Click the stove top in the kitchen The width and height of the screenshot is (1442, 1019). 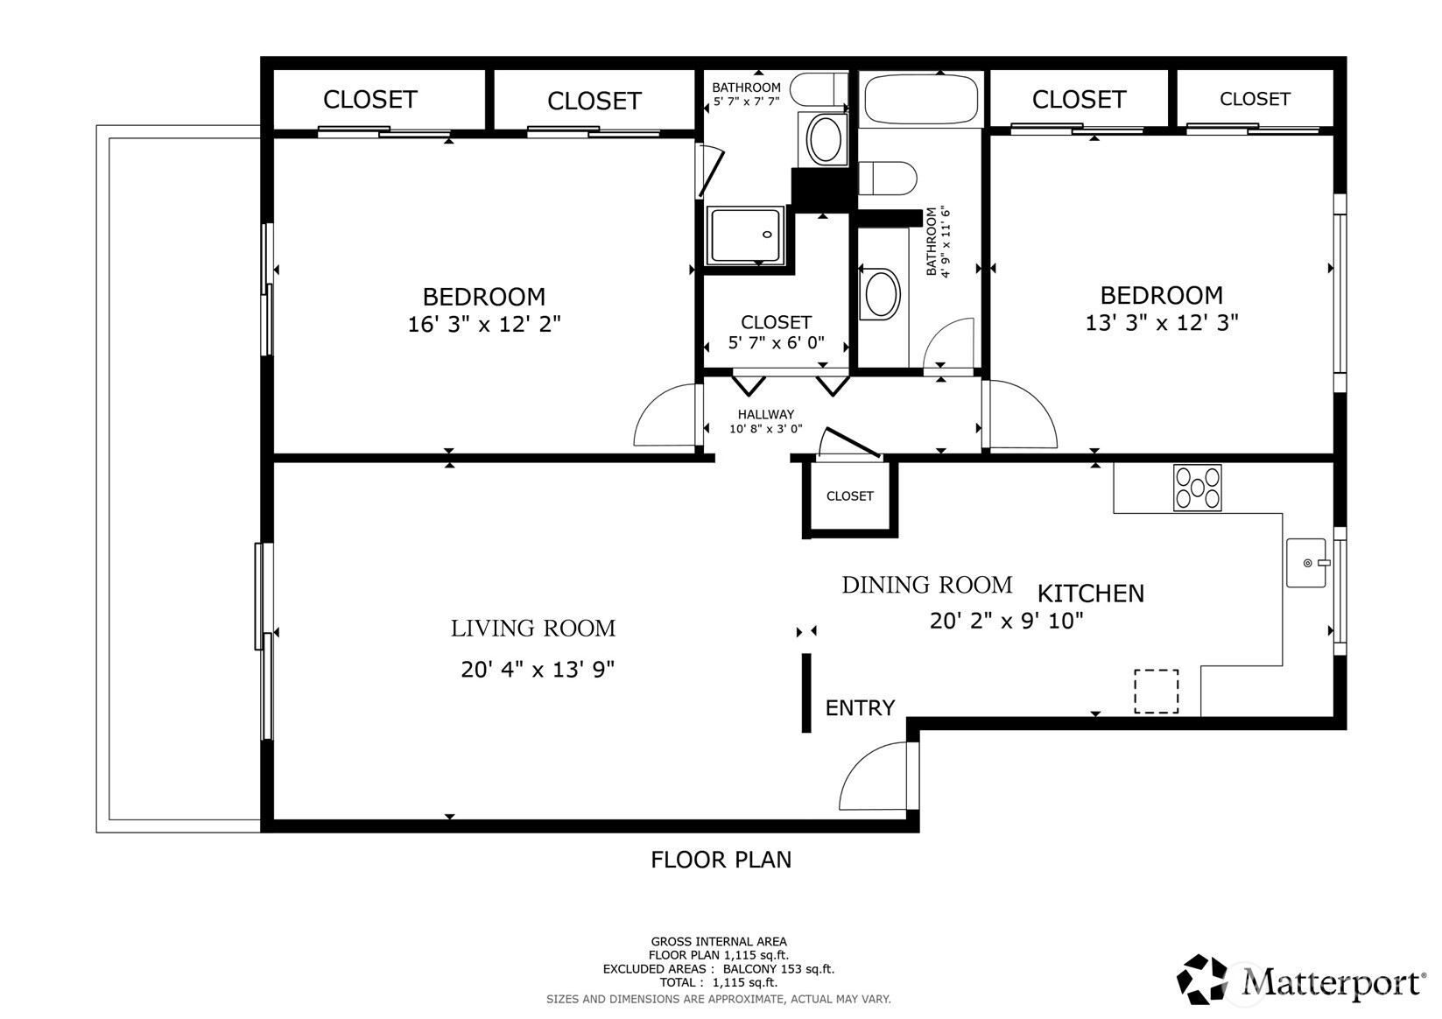coord(1197,488)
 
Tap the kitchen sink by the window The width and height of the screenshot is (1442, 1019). coord(1305,563)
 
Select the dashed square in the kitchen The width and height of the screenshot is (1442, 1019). coord(1156,691)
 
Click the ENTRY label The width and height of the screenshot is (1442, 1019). coord(860,707)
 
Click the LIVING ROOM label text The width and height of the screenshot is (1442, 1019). coord(533,629)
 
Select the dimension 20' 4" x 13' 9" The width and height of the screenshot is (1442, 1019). coord(538,670)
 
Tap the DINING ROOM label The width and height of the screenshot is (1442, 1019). coord(926,585)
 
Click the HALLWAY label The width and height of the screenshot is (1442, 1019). coord(765,414)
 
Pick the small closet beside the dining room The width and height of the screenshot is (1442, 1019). coord(850,496)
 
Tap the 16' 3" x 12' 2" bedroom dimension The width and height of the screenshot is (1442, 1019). coord(484,325)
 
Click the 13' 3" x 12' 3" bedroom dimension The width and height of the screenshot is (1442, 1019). coord(1161,323)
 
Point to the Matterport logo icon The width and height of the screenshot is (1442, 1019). coord(1203,980)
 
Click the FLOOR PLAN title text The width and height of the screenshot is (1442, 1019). coord(721,860)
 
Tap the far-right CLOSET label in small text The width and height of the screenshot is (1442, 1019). coord(1254,99)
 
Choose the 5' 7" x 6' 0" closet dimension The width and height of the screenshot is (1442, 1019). coord(776,343)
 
